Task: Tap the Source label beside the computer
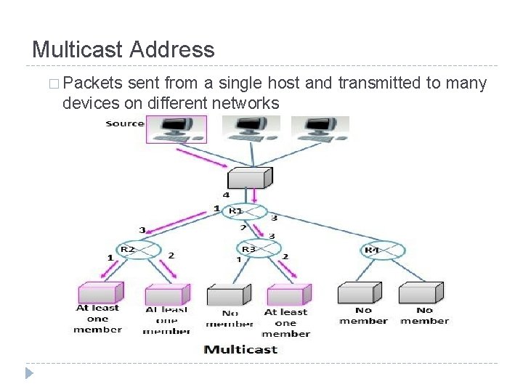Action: [125, 123]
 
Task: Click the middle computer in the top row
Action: [251, 128]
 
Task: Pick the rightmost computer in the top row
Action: [320, 128]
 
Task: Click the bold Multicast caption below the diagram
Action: [240, 349]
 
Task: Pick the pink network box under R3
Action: [288, 295]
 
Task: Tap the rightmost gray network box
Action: [421, 293]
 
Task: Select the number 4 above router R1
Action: [226, 195]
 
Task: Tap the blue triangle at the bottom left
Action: [29, 374]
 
